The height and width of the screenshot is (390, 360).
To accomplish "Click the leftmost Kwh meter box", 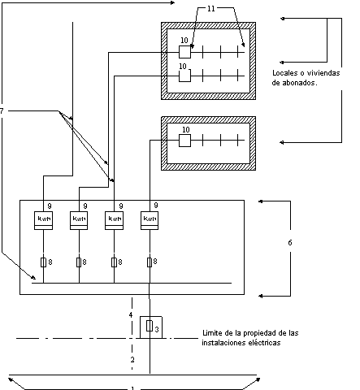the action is point(43,220).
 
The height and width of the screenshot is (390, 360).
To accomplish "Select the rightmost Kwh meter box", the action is point(150,220).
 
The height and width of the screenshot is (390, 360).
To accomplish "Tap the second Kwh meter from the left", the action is point(79,220).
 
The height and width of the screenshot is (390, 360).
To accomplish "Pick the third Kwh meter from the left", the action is point(114,220).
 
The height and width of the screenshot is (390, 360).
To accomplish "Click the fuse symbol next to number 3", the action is point(150,326).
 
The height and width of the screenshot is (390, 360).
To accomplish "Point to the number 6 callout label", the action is point(290,243).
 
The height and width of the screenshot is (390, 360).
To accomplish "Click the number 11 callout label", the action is point(211,9).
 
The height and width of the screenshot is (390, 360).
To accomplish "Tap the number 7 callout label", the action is point(2,111).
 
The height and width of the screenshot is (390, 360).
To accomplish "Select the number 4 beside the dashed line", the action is point(131,315).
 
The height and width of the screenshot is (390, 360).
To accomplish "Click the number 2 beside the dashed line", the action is point(132,360).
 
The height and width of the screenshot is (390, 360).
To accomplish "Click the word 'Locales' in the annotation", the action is point(284,73).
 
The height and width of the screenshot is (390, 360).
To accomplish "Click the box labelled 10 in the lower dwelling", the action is point(184,141).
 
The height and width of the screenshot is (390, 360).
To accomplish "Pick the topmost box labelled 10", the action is point(184,52).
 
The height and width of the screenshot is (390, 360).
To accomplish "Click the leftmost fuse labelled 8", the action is point(43,262).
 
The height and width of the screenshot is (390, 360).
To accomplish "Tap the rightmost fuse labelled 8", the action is point(150,262).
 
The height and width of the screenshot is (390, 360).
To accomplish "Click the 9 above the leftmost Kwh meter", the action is point(50,206).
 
